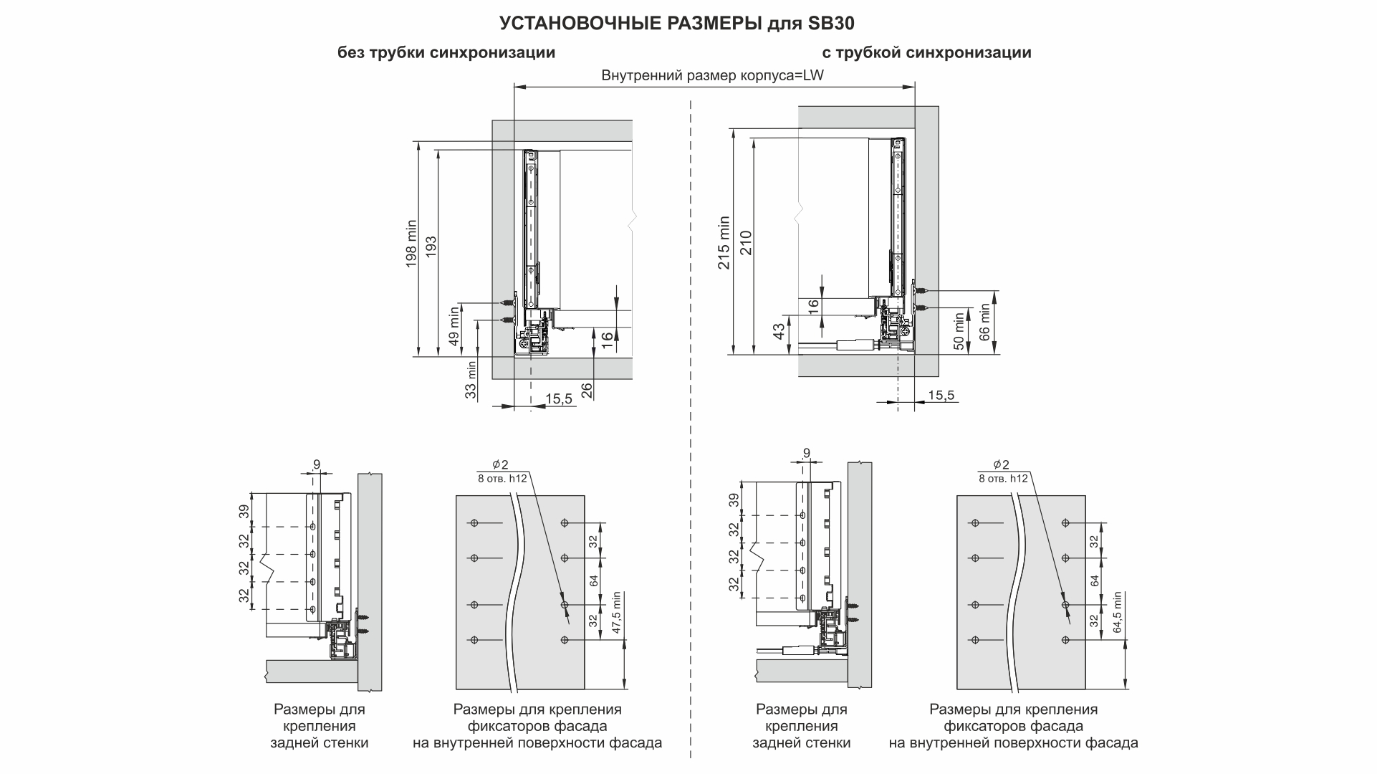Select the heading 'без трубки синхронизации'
tap(446, 53)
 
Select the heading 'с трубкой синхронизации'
tap(926, 53)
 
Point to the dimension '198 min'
tap(411, 244)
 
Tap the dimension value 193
tap(431, 246)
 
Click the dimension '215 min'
tap(725, 242)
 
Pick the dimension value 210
tap(745, 242)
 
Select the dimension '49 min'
tap(454, 326)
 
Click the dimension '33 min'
tap(471, 380)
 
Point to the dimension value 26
tap(587, 391)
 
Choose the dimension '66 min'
tap(984, 322)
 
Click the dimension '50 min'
tap(959, 331)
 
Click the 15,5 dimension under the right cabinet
tap(941, 396)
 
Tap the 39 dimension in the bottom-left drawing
tap(244, 511)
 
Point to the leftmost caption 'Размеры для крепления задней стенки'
tap(319, 726)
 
